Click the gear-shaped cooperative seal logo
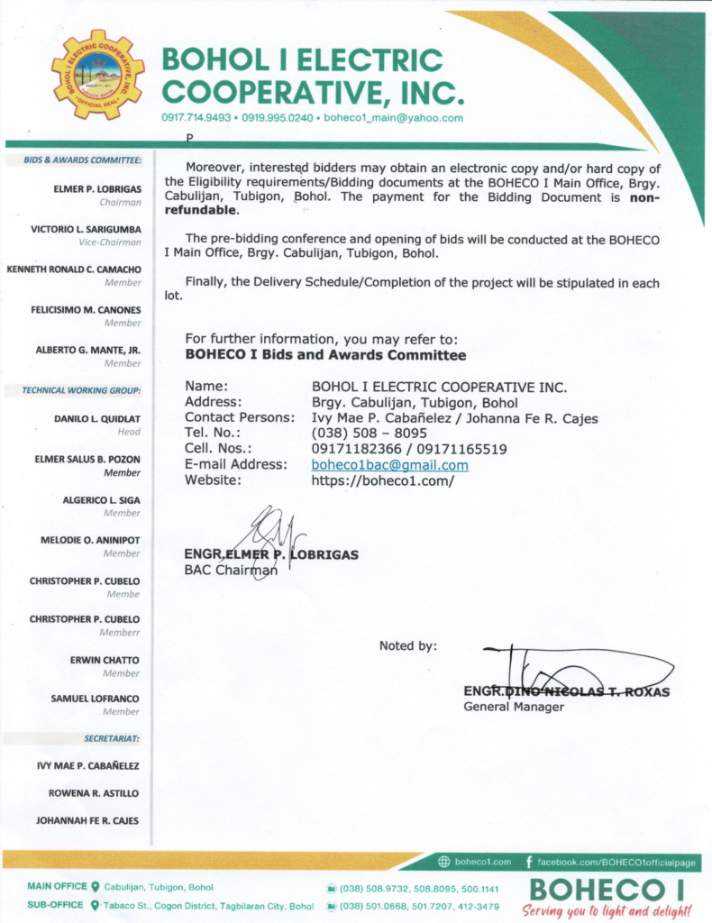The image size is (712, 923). tap(97, 75)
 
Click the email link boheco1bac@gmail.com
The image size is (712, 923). tap(389, 465)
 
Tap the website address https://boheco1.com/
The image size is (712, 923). tap(382, 480)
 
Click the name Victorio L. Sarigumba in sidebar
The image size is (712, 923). tap(86, 230)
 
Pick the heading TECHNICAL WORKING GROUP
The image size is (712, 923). tap(82, 390)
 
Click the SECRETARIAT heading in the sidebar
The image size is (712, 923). tap(112, 738)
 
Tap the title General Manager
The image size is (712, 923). tap(514, 707)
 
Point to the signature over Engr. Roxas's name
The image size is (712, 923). tap(577, 672)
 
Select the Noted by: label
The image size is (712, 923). tap(407, 645)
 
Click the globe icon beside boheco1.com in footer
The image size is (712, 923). tap(444, 862)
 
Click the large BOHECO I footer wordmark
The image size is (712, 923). tap(607, 890)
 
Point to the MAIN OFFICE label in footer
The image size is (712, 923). tap(58, 887)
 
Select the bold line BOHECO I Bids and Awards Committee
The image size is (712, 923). tap(325, 355)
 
